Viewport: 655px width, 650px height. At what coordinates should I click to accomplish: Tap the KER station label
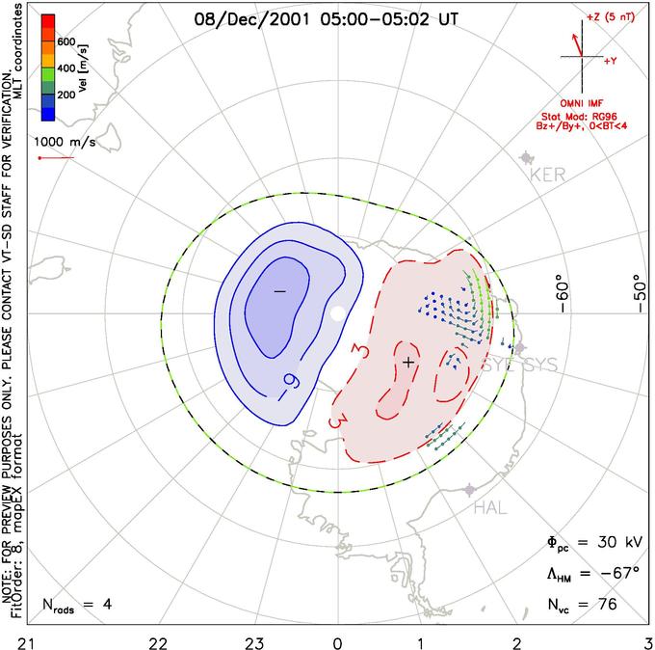click(545, 176)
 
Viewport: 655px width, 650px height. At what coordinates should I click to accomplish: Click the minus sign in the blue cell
click(279, 290)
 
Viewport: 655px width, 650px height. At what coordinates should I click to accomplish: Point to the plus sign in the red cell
click(408, 362)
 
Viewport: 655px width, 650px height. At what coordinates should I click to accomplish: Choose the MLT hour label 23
click(246, 641)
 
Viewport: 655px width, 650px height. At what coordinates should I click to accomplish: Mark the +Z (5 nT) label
click(606, 18)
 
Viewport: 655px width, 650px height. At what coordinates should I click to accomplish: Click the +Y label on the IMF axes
click(610, 60)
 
